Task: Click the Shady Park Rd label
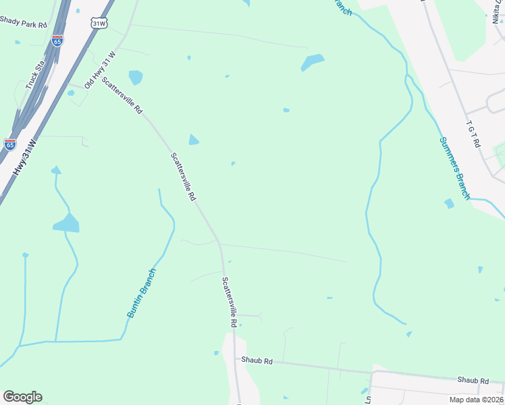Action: point(24,24)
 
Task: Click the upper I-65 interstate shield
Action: point(57,40)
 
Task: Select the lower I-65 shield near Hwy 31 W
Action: point(10,144)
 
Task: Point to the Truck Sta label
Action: point(34,76)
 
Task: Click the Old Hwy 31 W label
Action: point(100,70)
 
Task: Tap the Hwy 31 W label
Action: point(23,157)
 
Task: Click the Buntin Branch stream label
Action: point(142,294)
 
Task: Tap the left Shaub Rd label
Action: point(257,361)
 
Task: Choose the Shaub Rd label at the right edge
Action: point(472,381)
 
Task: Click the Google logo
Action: point(22,397)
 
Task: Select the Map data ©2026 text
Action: point(476,400)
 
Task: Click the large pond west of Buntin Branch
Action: point(66,223)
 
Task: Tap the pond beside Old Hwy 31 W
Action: point(136,77)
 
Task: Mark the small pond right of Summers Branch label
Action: point(449,203)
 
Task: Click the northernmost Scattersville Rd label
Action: point(122,94)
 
